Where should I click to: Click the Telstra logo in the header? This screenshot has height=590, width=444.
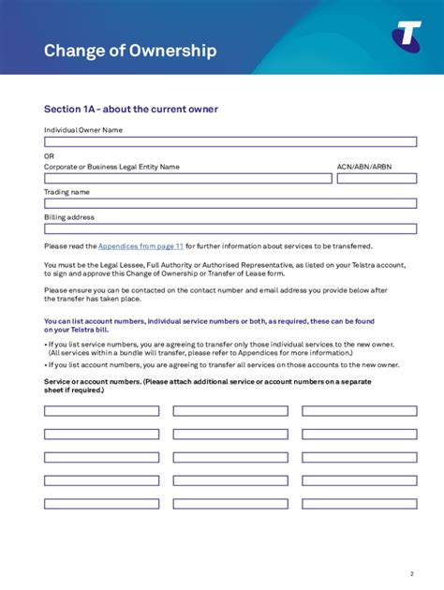point(406,37)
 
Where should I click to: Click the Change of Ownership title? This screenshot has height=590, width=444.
point(130,51)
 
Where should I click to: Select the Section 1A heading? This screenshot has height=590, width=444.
point(131,110)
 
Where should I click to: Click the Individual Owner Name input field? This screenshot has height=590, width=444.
point(229,142)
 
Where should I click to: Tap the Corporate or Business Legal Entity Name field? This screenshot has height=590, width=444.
point(187,178)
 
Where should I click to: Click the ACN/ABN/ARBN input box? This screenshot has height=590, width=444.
point(377,178)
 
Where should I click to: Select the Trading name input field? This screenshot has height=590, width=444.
point(229,203)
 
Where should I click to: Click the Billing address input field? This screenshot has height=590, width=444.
point(229,229)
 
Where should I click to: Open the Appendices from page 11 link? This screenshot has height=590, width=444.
point(141,246)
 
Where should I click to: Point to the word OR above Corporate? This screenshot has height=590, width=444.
point(50,155)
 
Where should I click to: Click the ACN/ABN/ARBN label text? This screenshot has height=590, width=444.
point(364,167)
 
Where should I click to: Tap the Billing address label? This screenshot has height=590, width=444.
point(69,217)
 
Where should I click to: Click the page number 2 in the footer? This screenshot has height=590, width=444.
point(411,573)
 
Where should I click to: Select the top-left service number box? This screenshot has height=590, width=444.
point(101,411)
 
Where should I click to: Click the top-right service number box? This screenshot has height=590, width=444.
point(359,411)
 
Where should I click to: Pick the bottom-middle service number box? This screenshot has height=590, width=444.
point(230,504)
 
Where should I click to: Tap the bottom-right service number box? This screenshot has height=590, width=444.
point(359,504)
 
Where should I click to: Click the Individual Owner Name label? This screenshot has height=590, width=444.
point(83,130)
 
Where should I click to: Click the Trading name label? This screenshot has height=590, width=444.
point(67,192)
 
